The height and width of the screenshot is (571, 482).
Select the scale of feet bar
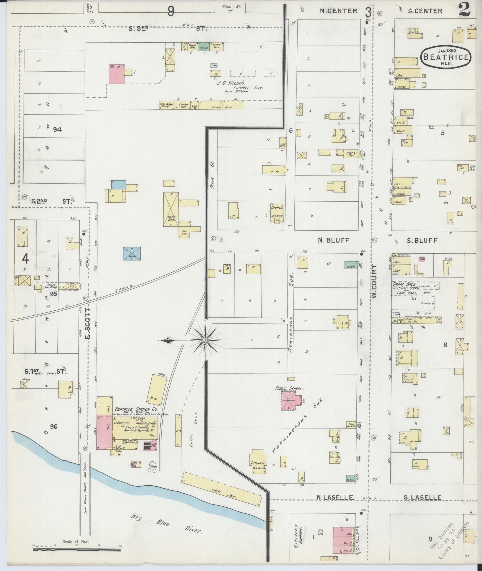(77, 549)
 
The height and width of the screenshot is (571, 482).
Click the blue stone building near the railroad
(132, 253)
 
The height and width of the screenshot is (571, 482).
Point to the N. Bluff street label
(333, 240)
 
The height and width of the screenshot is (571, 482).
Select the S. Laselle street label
(422, 498)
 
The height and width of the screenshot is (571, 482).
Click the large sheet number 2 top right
(464, 10)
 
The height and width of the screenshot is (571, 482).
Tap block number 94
(57, 130)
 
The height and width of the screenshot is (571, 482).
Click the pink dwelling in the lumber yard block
(116, 74)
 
